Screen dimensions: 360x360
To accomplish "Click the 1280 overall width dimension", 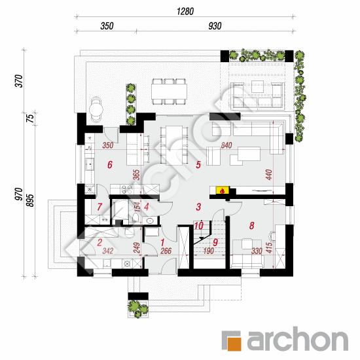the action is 185,12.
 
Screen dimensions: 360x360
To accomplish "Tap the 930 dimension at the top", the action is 215,26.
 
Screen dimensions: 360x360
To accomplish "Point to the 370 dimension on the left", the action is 19,81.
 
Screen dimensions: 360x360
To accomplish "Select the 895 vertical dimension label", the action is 30,200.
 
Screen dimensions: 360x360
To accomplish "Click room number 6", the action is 110,164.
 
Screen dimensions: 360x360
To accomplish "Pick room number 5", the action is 198,164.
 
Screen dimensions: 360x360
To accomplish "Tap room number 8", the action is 252,225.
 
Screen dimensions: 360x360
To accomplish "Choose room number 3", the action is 198,207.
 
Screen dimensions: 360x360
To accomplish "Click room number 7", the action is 99,207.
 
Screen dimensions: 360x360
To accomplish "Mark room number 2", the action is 99,242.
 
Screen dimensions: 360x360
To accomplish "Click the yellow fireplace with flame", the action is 223,190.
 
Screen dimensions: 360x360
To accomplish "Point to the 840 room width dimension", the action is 226,145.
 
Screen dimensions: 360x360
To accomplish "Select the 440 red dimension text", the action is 269,175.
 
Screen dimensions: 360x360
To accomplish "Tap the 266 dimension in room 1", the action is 166,251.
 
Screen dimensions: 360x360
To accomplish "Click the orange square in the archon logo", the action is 234,344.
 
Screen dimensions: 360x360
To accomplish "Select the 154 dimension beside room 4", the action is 137,207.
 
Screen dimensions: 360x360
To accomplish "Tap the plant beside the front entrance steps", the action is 138,308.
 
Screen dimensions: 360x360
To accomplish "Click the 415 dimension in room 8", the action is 269,247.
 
